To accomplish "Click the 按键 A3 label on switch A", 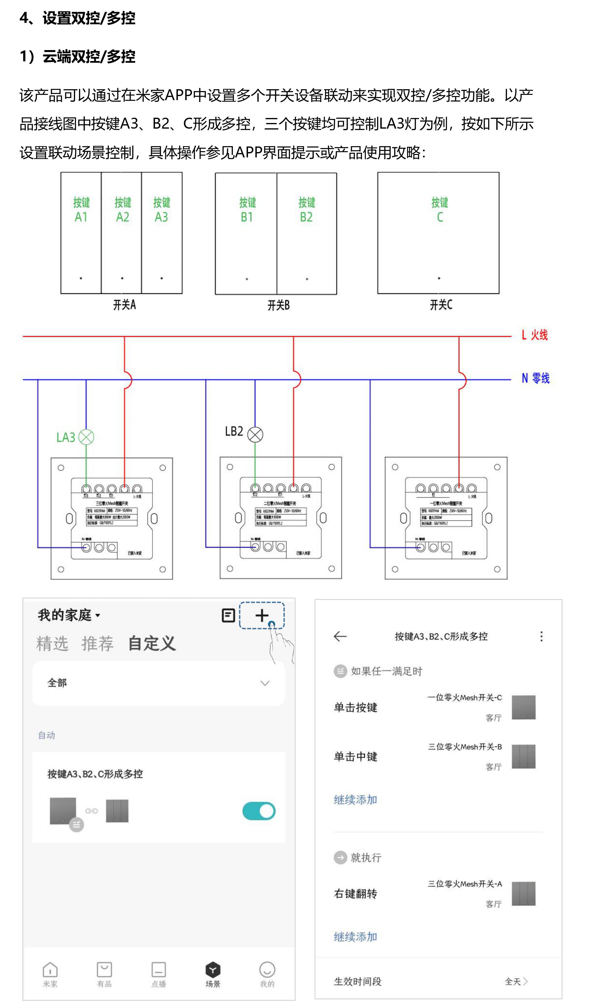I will pyautogui.click(x=161, y=210).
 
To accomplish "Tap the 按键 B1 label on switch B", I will pyautogui.click(x=247, y=210).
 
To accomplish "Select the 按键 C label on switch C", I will pyautogui.click(x=440, y=210).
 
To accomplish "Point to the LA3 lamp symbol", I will pyautogui.click(x=86, y=437).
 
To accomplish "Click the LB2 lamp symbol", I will pyautogui.click(x=255, y=434).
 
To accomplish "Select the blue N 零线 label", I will pyautogui.click(x=535, y=378).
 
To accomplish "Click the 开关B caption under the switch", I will pyautogui.click(x=278, y=305).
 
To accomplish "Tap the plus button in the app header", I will pyautogui.click(x=262, y=616).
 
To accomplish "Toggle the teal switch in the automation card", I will pyautogui.click(x=259, y=811).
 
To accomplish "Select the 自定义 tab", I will pyautogui.click(x=152, y=643).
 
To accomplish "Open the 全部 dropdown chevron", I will pyautogui.click(x=265, y=683).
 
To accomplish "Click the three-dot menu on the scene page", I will pyautogui.click(x=541, y=636).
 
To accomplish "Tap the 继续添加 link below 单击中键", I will pyautogui.click(x=355, y=800).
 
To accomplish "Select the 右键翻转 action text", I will pyautogui.click(x=355, y=894).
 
